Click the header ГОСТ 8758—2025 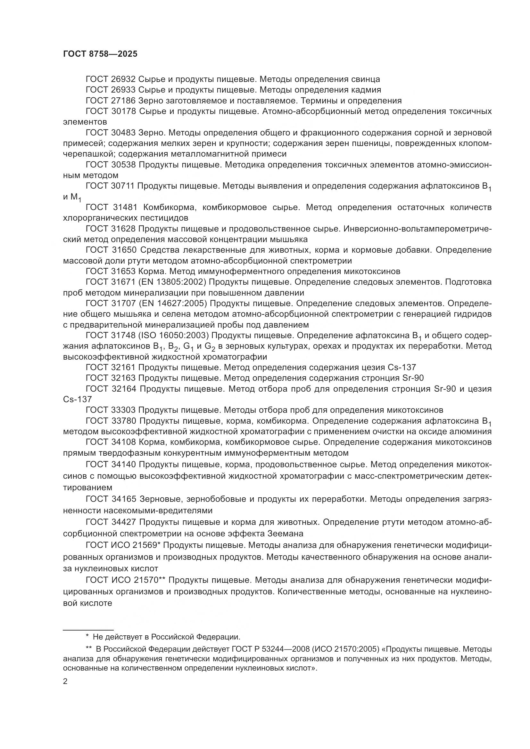point(100,54)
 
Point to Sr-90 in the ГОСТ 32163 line point(411,378)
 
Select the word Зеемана point(285,534)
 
